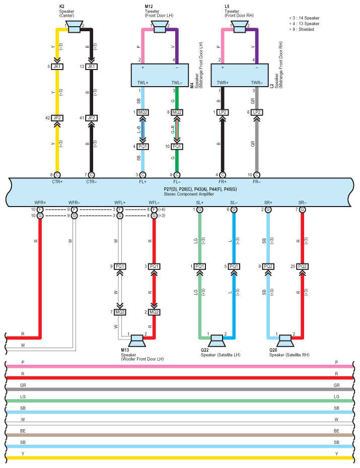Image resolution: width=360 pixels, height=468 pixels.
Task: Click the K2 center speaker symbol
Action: coord(75,27)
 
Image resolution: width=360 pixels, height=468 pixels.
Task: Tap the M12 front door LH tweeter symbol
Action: coord(160,27)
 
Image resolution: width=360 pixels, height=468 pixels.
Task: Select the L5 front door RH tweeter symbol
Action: coord(240,27)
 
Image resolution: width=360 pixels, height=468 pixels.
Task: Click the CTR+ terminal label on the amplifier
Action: coord(57,182)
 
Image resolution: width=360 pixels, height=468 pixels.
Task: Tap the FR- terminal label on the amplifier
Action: coord(257,182)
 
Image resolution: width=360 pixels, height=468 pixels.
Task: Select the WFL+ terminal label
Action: coord(120,203)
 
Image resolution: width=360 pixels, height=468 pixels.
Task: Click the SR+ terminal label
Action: coord(268,203)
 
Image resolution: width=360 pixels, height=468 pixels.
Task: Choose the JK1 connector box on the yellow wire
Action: coord(57,66)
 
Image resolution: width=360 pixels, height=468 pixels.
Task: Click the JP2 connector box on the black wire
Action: coord(91,118)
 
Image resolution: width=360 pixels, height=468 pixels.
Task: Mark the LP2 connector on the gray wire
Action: coord(257,112)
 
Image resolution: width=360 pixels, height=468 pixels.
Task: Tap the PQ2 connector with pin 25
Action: coord(302,266)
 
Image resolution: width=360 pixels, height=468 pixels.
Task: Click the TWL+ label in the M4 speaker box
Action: coord(143,83)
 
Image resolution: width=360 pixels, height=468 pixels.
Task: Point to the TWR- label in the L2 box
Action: coord(257,83)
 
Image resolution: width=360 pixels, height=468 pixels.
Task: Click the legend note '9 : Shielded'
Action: coord(302,29)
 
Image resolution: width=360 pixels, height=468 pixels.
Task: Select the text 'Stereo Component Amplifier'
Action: coord(189,194)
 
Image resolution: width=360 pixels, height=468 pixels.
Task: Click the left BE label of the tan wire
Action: coord(23,431)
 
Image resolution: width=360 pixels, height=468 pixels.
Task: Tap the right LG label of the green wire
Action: coord(336,396)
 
